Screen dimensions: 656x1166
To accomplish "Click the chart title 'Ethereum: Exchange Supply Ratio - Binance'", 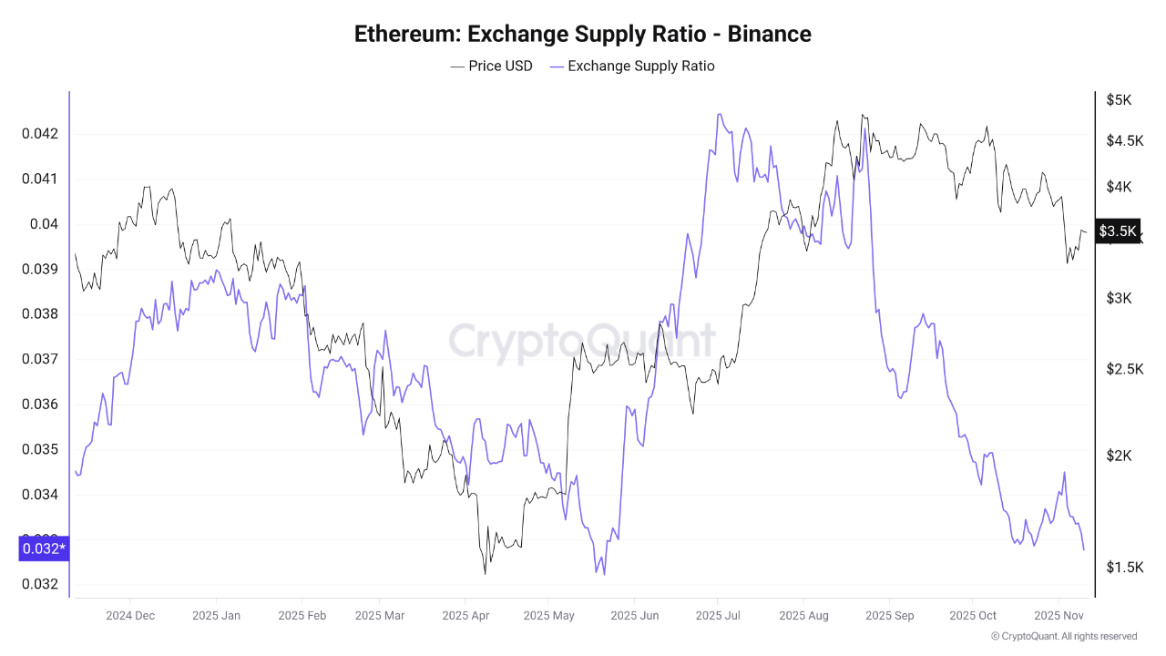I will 582,34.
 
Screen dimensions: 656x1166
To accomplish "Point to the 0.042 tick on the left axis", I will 39,134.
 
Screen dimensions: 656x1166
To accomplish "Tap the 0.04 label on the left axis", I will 44,224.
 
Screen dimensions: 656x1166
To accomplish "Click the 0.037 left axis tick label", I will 39,359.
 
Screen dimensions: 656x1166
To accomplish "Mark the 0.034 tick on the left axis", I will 39,495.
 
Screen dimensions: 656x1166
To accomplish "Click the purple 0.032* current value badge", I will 43,548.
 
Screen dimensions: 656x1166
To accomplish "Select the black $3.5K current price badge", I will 1118,231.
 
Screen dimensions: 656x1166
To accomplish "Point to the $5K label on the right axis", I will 1119,100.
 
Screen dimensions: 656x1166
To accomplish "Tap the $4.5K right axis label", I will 1124,140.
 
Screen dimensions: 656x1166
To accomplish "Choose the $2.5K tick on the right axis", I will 1124,369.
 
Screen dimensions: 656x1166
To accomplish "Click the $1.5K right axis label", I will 1124,568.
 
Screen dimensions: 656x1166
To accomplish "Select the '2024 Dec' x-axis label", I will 130,615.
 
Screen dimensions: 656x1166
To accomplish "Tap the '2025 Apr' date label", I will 465,615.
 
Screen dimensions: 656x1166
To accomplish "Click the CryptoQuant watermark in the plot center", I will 582,341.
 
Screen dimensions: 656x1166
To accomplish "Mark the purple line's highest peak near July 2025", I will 719,115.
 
